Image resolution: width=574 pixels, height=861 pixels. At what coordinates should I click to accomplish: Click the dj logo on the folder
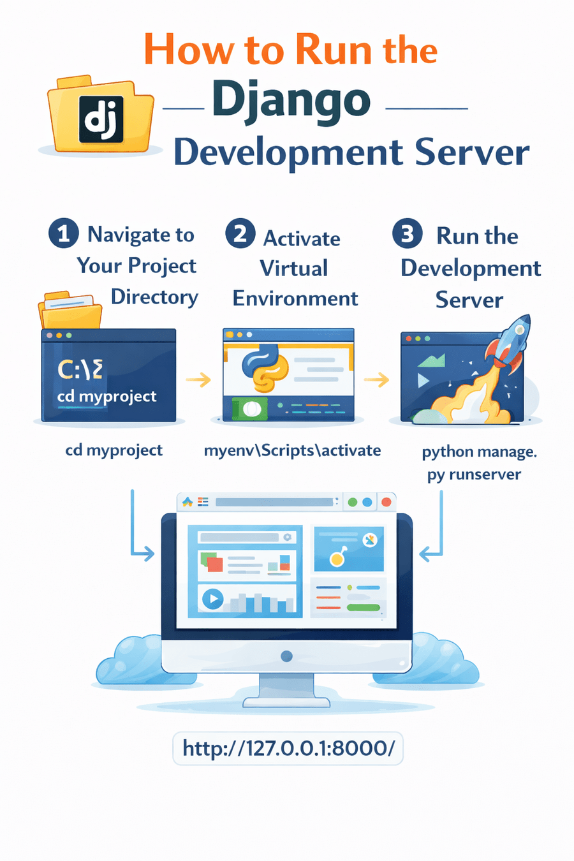tap(101, 119)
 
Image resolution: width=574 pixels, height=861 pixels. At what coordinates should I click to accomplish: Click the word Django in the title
tap(291, 100)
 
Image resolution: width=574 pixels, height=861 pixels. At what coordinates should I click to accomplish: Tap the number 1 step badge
tap(63, 233)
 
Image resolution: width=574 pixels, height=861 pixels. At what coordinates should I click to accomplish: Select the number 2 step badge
tap(240, 233)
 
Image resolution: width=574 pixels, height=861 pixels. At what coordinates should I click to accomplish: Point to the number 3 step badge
tap(407, 233)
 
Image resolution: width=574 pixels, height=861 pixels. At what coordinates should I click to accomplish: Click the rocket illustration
tap(507, 348)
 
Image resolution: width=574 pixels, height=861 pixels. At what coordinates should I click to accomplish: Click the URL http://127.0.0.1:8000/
tap(288, 747)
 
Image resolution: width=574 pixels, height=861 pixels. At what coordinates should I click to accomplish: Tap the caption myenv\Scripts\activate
tap(292, 450)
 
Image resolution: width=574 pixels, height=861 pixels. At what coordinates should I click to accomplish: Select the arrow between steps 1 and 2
tap(198, 380)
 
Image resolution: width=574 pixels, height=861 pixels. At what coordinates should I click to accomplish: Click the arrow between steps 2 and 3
tap(377, 380)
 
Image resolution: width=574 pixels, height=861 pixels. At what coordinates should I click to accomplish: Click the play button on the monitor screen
tap(212, 599)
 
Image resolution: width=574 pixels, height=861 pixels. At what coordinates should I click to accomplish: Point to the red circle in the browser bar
tap(386, 502)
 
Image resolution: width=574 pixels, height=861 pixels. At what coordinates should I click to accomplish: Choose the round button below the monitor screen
tap(286, 656)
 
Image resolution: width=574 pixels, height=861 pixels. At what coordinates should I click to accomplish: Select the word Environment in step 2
tap(295, 298)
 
